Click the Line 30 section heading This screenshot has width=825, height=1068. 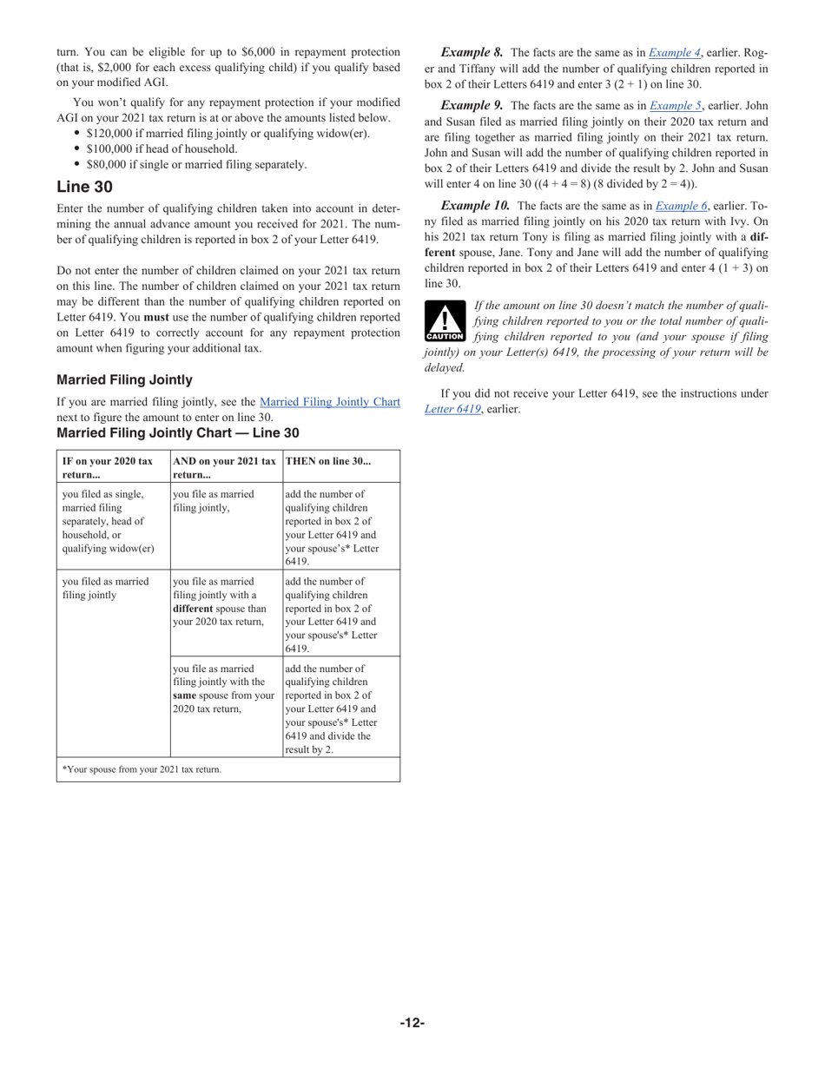pyautogui.click(x=84, y=187)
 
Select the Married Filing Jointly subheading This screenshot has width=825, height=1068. pyautogui.click(x=124, y=379)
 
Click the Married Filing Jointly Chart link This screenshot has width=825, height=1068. pyautogui.click(x=329, y=402)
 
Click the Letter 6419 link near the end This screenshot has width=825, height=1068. pyautogui.click(x=452, y=409)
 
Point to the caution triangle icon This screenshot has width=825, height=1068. pyautogui.click(x=444, y=321)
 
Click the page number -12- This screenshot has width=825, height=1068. pyautogui.click(x=412, y=1023)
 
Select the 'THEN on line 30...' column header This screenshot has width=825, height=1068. pyautogui.click(x=327, y=461)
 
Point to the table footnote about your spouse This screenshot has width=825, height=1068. pyautogui.click(x=142, y=769)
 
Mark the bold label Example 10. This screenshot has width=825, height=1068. pyautogui.click(x=475, y=206)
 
